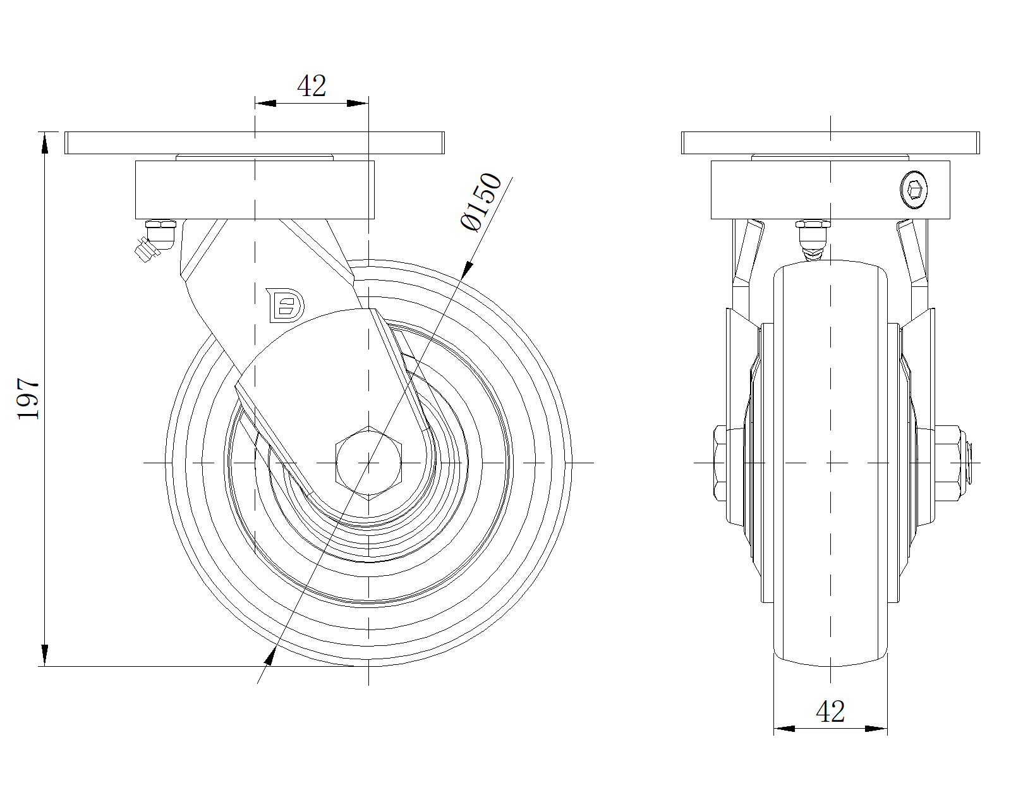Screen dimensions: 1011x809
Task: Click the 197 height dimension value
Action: (x=28, y=398)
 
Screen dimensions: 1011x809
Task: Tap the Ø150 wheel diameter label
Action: (x=481, y=202)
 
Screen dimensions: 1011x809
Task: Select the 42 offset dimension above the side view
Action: (x=312, y=86)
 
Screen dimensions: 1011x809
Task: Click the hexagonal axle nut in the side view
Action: (x=369, y=463)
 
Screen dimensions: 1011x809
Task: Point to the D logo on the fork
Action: (x=285, y=305)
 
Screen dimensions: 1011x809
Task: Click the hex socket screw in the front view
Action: (x=914, y=190)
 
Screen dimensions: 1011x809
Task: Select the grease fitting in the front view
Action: (x=813, y=240)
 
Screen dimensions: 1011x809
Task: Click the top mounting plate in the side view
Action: (x=254, y=143)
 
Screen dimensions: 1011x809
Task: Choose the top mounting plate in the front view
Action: (x=830, y=143)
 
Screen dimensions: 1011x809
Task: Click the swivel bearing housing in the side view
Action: (x=255, y=190)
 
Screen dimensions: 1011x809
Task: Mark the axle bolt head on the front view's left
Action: (x=720, y=463)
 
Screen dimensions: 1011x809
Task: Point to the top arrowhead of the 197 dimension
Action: (x=45, y=143)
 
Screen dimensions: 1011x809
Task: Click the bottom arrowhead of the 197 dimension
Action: (x=45, y=655)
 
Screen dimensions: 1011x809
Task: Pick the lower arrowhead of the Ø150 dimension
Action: (x=269, y=656)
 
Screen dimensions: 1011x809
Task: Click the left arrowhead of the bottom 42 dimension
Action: (x=784, y=729)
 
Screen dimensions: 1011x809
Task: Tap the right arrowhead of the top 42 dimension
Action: (x=358, y=103)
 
